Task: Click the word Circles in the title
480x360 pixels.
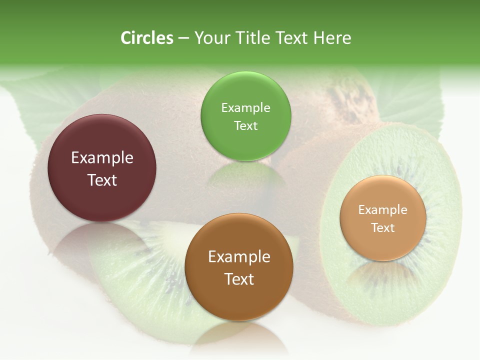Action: pos(147,38)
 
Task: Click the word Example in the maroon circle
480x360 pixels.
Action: pos(102,158)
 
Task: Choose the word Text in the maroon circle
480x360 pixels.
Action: pos(102,180)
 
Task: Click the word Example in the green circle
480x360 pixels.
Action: pos(245,108)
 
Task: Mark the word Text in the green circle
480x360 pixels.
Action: pos(245,126)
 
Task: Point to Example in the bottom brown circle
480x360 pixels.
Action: pos(239,257)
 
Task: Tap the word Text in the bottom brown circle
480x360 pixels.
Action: pos(239,279)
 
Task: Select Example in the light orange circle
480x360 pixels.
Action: pos(383,210)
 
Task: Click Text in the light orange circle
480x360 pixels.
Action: pos(383,228)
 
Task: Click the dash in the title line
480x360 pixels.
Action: pos(183,38)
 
